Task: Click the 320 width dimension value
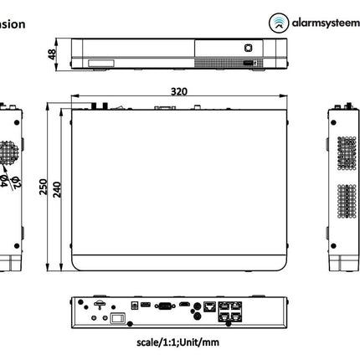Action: point(179,91)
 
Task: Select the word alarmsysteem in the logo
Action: point(322,23)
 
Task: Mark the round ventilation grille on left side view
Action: point(8,152)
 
